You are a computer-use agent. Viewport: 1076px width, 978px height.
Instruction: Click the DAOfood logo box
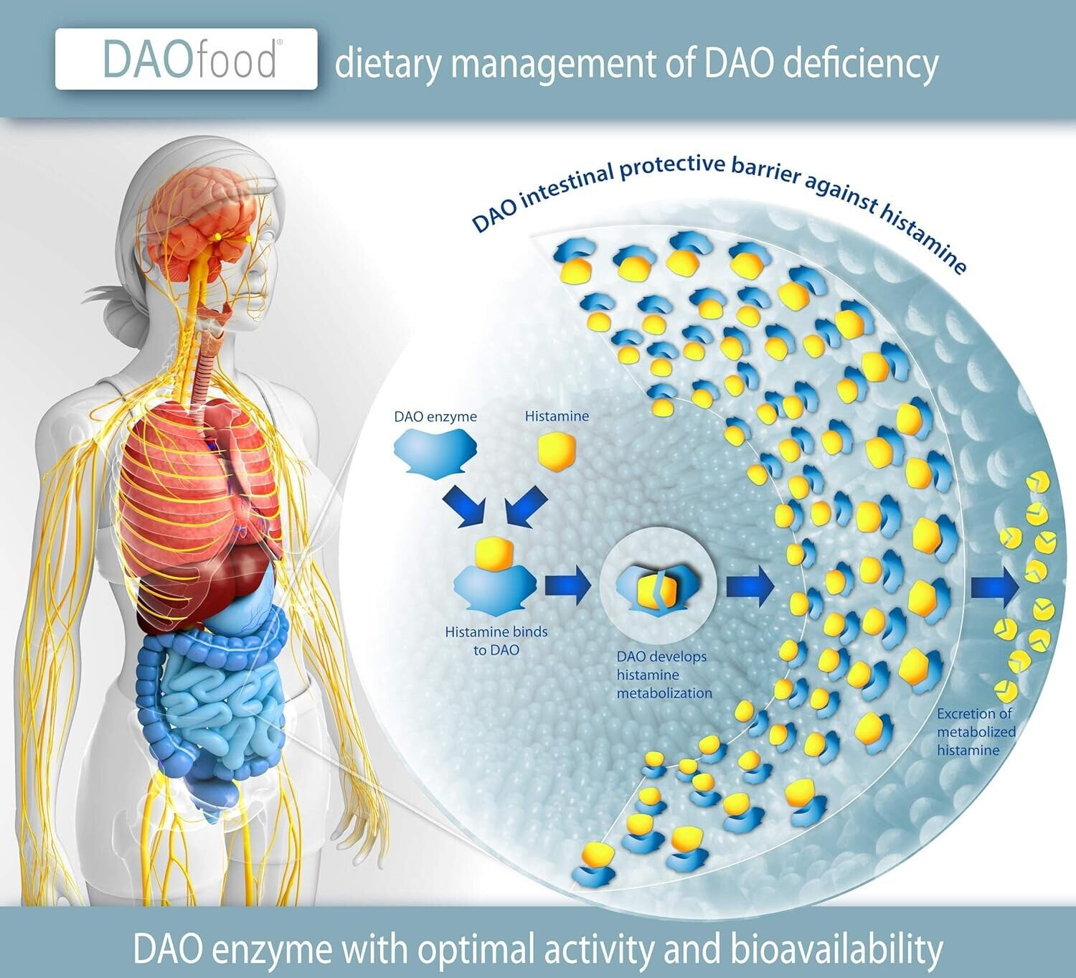[186, 60]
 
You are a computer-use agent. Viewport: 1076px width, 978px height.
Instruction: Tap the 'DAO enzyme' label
[435, 417]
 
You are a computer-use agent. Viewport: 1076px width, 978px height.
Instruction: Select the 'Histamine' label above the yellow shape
[557, 416]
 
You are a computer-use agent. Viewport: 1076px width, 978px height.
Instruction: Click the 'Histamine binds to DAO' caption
[496, 641]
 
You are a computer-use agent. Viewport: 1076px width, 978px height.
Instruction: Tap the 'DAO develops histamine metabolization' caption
[664, 674]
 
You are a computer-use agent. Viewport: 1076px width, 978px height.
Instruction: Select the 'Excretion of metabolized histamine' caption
[976, 732]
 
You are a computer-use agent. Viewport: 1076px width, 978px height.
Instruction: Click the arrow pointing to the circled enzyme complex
[567, 586]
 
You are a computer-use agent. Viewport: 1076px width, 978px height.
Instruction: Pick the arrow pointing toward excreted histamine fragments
[994, 588]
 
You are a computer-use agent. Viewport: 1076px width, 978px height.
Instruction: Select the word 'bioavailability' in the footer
[836, 949]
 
